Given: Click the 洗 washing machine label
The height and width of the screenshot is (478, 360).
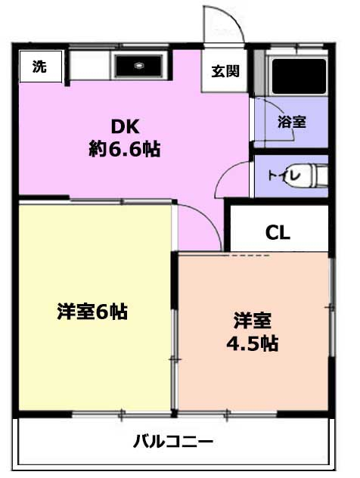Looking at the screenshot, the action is point(39,67).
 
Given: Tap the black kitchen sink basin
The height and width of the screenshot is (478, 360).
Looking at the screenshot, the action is point(138,66).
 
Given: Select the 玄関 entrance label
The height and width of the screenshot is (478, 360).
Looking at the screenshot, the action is point(225,71).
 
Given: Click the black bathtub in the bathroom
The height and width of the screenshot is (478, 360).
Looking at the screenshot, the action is point(299,76).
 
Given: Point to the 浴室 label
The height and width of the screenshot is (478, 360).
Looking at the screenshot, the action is point(292,122).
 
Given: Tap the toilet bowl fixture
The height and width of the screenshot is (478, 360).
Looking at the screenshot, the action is point(308,176).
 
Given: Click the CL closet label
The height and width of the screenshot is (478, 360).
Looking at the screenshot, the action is point(278,233).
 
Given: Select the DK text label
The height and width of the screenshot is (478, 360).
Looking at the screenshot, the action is point(125,127).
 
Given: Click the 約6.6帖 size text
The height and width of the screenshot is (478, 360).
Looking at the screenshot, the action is point(124,149).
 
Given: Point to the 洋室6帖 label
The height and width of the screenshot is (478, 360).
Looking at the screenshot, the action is point(92,312).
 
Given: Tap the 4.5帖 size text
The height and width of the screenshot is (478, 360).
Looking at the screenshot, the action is point(252,343).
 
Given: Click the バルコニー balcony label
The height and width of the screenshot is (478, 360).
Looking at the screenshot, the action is point(173,442).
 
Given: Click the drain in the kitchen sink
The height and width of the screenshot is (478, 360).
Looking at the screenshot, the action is point(138,65).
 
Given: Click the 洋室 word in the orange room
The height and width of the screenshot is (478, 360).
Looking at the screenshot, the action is point(252,321).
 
